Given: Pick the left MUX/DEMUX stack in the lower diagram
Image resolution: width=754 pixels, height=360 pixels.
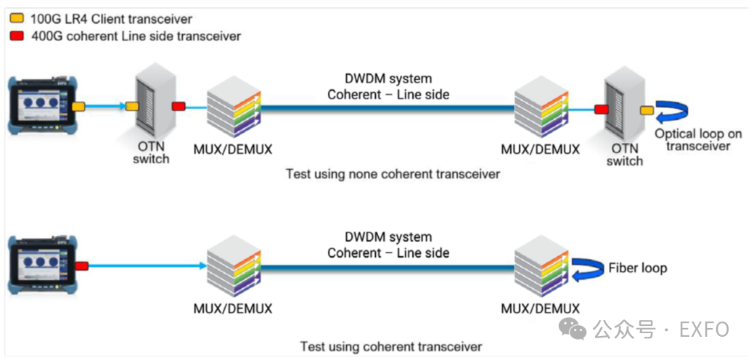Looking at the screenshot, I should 232,266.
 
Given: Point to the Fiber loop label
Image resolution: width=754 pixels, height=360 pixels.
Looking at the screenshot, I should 637,269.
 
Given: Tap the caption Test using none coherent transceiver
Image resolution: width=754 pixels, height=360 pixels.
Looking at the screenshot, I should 393,173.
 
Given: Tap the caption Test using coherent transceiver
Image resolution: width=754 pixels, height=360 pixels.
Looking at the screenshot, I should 391,346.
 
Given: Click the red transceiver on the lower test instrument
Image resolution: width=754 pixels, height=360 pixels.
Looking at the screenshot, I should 81,266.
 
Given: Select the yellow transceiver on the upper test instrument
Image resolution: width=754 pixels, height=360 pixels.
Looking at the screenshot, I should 78,107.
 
